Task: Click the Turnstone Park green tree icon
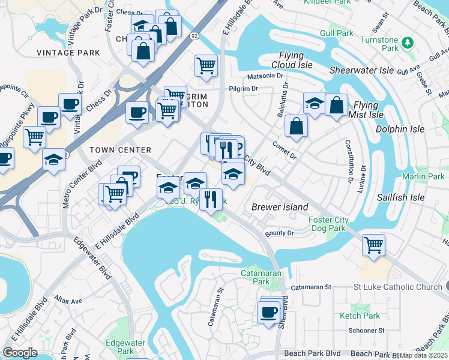pos(408,42)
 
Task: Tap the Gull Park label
pos(337,33)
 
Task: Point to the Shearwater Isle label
pos(362,70)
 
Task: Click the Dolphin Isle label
pos(400,129)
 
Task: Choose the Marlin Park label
pos(424,176)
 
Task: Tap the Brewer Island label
pos(280,207)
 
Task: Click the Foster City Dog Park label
pos(327,224)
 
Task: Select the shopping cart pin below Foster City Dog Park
pos(373,245)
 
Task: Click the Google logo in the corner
pos(20,353)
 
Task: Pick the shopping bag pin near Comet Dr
pos(297,126)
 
